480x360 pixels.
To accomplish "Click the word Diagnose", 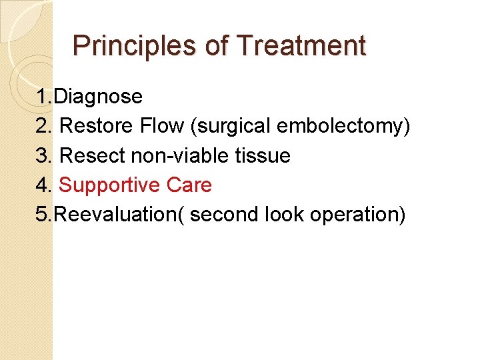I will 98,97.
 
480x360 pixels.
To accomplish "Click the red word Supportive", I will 110,185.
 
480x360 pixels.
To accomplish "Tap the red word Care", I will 189,185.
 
